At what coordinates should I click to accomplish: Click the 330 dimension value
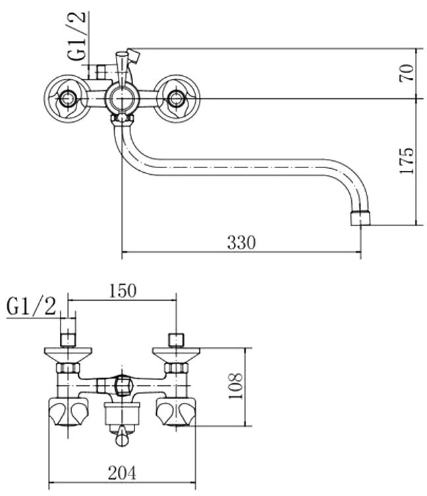coord(241,243)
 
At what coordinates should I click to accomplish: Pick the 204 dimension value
coord(123,472)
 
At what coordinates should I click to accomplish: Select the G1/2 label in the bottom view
coord(32,307)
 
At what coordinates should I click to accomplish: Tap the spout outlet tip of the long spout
coord(360,218)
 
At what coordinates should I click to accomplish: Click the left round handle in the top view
coord(66,100)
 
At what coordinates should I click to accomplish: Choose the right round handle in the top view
coord(176,100)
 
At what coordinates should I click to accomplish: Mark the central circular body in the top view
coord(121,100)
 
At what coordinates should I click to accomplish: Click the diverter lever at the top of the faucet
coord(123,63)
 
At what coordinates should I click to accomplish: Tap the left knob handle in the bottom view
coord(68,413)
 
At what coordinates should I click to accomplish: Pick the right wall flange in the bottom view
coord(176,356)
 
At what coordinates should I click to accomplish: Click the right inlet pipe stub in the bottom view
coord(176,340)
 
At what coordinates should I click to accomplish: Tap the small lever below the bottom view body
coord(122,439)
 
